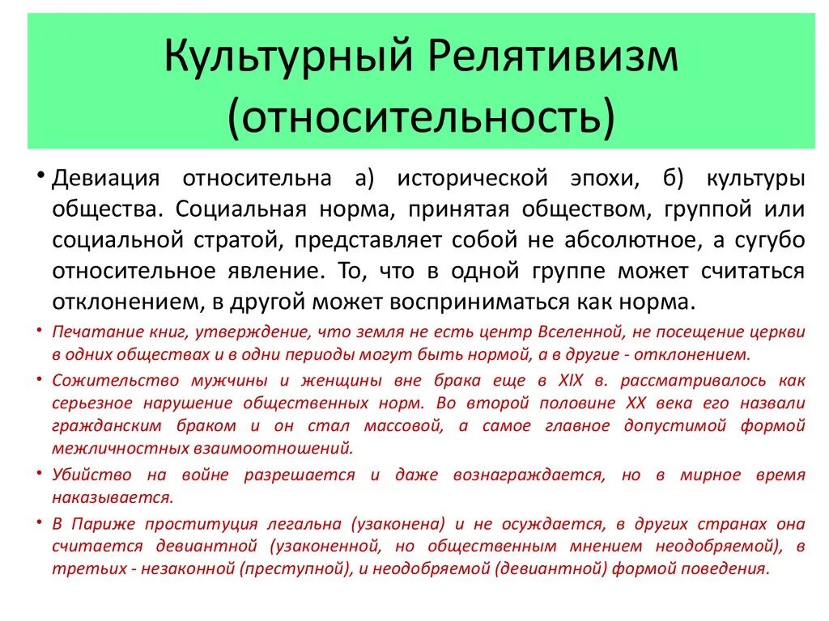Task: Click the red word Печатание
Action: (90, 332)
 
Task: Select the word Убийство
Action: (85, 475)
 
